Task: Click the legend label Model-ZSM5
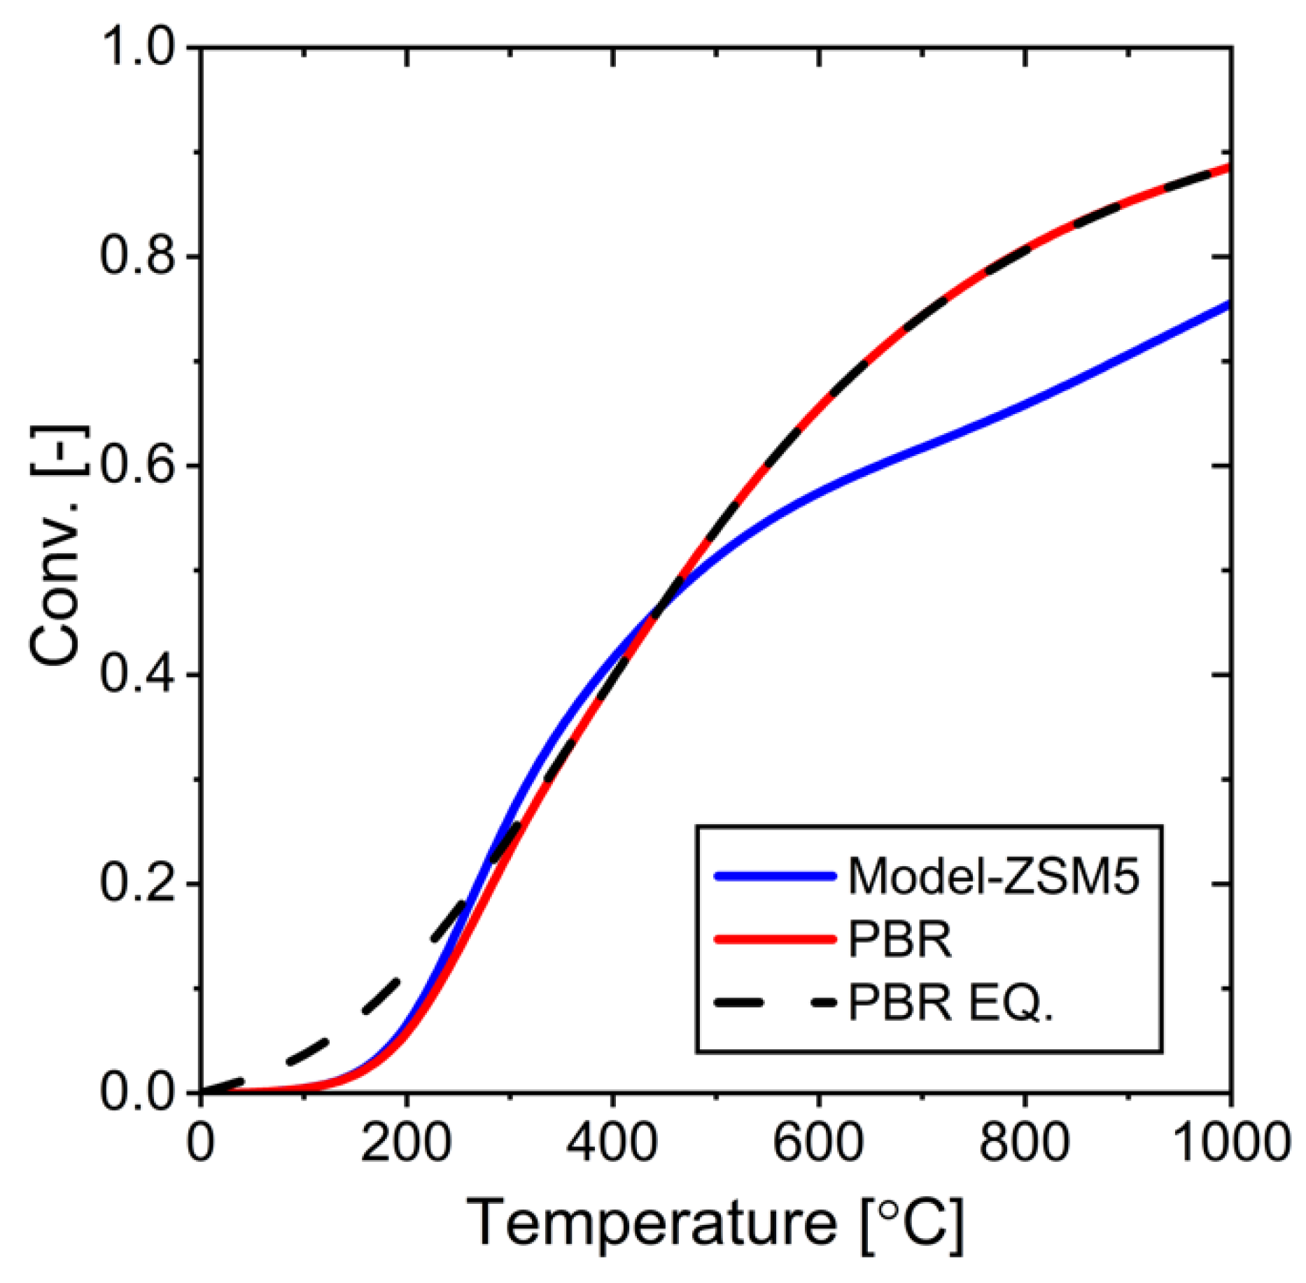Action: (x=993, y=876)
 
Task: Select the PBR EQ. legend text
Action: (x=950, y=1003)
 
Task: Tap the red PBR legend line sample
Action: (x=775, y=940)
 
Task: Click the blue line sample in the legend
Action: (x=775, y=876)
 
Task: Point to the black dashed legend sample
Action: (x=775, y=1003)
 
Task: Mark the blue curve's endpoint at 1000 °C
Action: (x=1228, y=304)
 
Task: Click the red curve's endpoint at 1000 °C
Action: (x=1228, y=167)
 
